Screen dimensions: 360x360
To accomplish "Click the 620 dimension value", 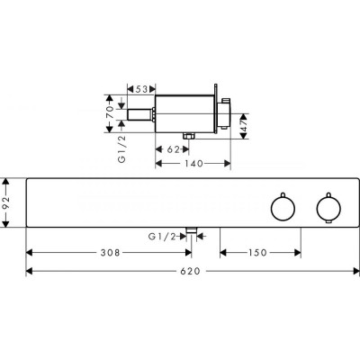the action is [190, 271].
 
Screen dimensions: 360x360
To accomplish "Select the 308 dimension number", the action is [110, 253].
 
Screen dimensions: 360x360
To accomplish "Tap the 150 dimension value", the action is [257, 253].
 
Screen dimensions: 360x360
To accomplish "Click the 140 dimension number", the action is [193, 164].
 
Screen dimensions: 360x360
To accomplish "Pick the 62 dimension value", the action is [173, 149].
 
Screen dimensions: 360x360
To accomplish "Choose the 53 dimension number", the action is [142, 89].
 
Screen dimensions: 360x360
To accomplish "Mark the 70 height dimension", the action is [110, 112].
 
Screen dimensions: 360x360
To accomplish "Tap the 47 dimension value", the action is [244, 126].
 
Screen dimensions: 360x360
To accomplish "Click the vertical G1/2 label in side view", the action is [121, 148].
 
